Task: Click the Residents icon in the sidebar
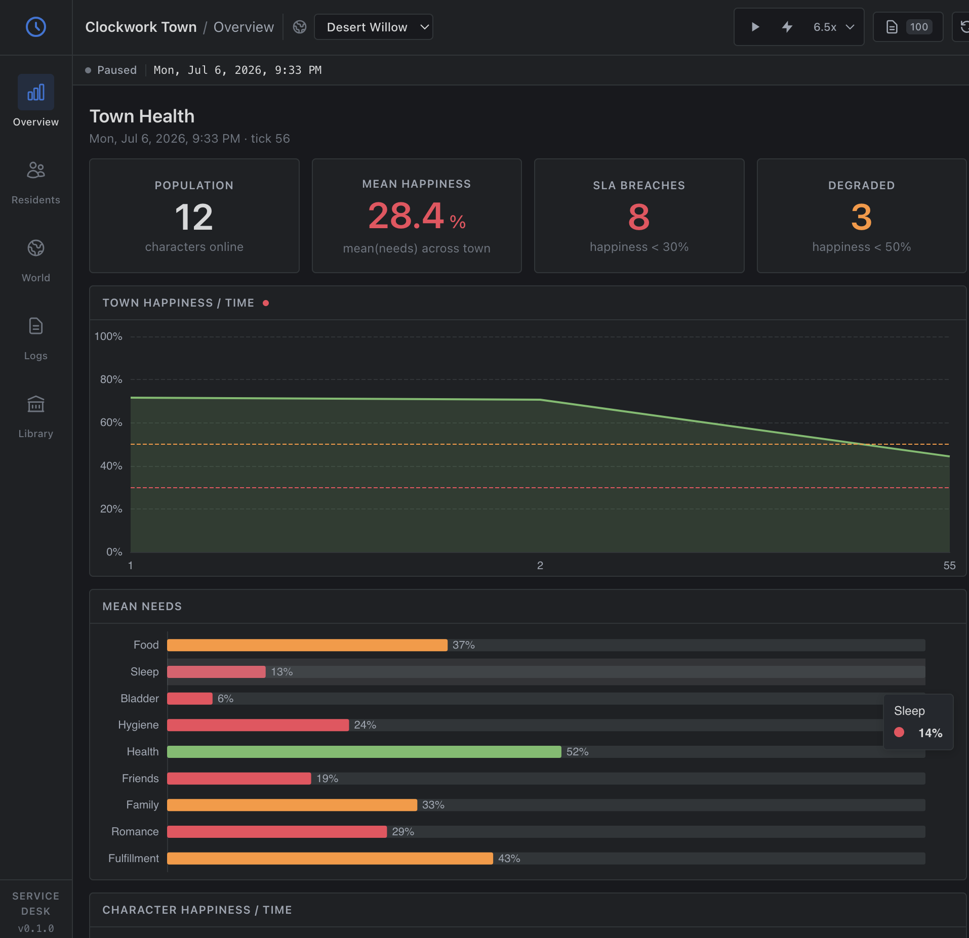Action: click(x=36, y=170)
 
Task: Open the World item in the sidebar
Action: click(x=36, y=248)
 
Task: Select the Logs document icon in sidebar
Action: click(x=36, y=326)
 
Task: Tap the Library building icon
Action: click(x=36, y=404)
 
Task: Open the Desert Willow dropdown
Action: click(x=374, y=27)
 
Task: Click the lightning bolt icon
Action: click(x=787, y=27)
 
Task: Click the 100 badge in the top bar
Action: click(x=919, y=27)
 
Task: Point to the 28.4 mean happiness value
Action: click(x=406, y=216)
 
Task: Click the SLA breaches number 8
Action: click(x=639, y=217)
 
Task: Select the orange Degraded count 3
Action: click(x=861, y=217)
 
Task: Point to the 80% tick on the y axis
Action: click(x=111, y=379)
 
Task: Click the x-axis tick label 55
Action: click(x=949, y=566)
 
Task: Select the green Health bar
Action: click(x=364, y=752)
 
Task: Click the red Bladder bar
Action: click(x=190, y=699)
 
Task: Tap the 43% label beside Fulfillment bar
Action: click(x=509, y=859)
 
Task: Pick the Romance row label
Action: click(x=135, y=832)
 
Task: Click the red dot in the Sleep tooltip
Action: click(x=899, y=732)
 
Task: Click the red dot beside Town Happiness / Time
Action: click(x=266, y=303)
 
